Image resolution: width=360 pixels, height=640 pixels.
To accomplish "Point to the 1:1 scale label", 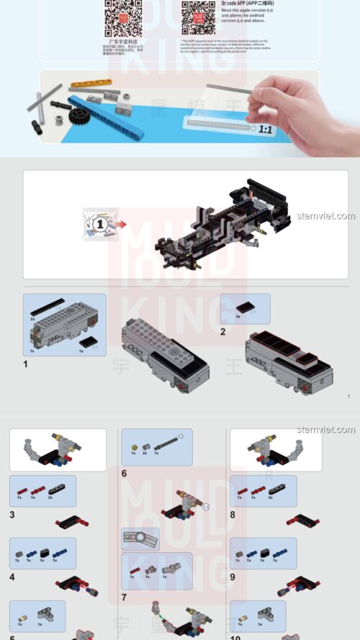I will pyautogui.click(x=266, y=130).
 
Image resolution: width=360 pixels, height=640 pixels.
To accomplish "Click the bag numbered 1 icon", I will pyautogui.click(x=100, y=223).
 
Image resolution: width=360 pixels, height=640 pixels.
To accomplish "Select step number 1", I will pyautogui.click(x=25, y=364).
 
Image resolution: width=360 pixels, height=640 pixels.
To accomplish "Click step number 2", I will pyautogui.click(x=223, y=332).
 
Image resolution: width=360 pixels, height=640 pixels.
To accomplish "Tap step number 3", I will pyautogui.click(x=12, y=515).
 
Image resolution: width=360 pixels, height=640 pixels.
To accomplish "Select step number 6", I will pyautogui.click(x=124, y=474).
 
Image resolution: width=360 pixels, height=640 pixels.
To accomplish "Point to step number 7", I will pyautogui.click(x=124, y=598).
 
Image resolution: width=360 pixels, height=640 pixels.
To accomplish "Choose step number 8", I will pyautogui.click(x=233, y=515).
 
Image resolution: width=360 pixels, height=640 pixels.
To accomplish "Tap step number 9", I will pyautogui.click(x=233, y=577).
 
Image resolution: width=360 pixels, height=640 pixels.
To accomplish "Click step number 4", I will pyautogui.click(x=12, y=577).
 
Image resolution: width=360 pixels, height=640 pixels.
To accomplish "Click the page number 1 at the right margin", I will pyautogui.click(x=348, y=396).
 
